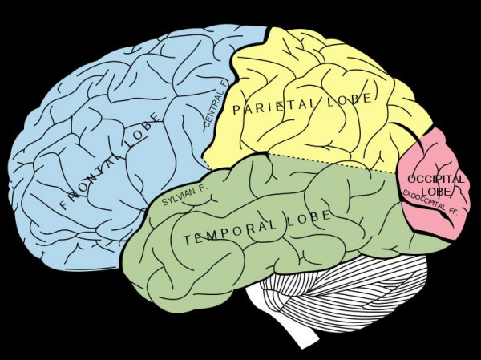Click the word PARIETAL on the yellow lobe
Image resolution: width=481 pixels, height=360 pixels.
274,107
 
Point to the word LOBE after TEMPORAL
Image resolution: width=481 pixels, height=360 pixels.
309,218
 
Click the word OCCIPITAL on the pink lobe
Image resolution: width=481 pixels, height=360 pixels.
436,179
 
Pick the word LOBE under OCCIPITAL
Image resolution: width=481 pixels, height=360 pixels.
436,191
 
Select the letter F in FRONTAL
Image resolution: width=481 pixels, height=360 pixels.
64,204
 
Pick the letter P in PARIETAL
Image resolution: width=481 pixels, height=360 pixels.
236,110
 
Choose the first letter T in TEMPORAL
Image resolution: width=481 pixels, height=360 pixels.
188,240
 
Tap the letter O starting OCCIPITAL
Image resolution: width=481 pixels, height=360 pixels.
412,179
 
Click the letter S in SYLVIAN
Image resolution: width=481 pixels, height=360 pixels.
164,202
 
